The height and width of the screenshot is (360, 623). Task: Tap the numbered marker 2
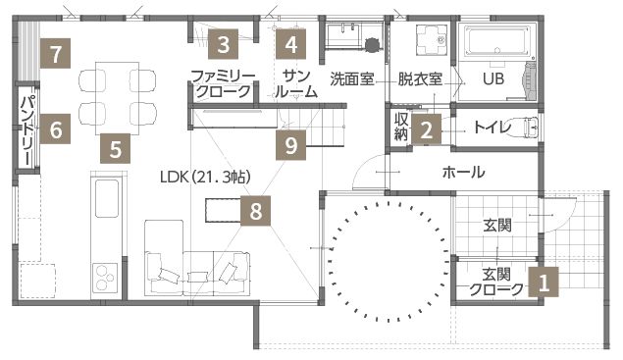[x=426, y=128]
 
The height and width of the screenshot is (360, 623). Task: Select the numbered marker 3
[x=224, y=44]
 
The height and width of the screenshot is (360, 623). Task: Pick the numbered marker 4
[x=290, y=44]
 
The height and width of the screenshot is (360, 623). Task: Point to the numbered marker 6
[x=55, y=129]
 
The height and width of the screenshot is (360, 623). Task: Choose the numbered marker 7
[x=57, y=53]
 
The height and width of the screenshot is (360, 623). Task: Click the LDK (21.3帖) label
[x=205, y=177]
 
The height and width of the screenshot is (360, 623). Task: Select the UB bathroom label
[x=492, y=78]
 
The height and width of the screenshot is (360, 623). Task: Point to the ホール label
[x=463, y=173]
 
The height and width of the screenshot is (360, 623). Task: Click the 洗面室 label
[x=351, y=78]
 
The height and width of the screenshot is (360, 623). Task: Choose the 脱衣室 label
[x=420, y=78]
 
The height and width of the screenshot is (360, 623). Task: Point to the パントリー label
[x=26, y=129]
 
